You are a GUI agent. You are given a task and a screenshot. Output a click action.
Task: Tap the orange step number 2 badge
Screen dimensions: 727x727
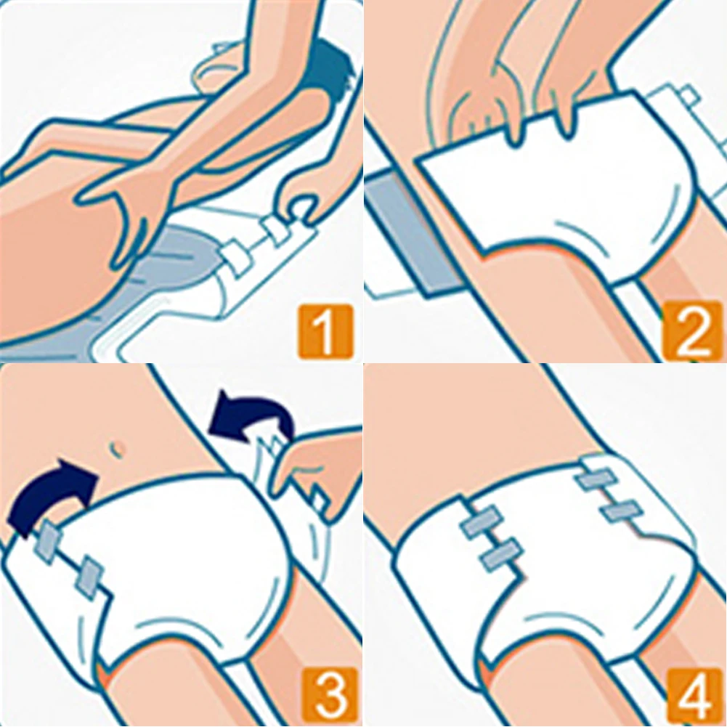coord(693,330)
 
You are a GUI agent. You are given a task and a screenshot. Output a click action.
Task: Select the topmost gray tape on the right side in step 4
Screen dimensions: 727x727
coord(596,479)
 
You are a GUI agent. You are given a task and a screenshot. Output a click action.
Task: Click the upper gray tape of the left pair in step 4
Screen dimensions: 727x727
coord(482,521)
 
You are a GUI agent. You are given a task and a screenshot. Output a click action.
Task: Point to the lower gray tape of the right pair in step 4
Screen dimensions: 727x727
coord(622,511)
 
